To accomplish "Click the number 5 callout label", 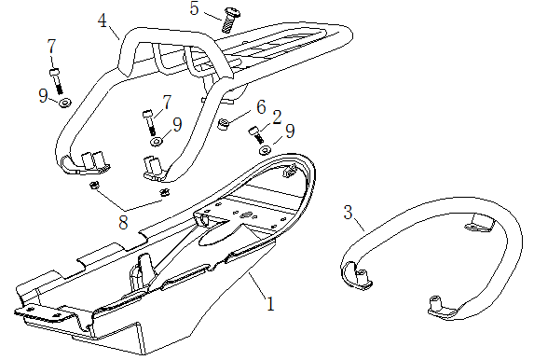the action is (194, 8).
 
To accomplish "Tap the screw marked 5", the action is (230, 21).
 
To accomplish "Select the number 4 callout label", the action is (103, 21).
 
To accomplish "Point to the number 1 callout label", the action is (270, 304).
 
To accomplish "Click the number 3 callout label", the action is (348, 213).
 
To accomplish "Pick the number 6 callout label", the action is (261, 107).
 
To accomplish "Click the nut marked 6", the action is (224, 124).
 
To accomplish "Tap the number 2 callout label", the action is (277, 118).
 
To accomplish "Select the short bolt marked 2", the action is (256, 134).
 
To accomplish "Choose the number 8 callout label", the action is (123, 223).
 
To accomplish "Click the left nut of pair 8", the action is (93, 186).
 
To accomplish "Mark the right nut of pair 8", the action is (165, 193).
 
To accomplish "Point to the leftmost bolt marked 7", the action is (57, 81).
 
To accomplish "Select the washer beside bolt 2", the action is (265, 149).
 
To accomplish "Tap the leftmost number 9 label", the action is (43, 96).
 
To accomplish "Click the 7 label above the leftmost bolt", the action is (51, 47).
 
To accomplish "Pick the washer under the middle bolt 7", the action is (156, 142).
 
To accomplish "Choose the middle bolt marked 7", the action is (149, 121).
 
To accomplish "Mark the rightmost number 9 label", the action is (290, 132).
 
